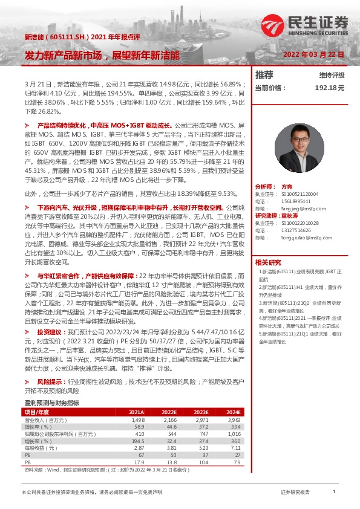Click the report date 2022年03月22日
[x=313, y=54]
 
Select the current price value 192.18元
[x=329, y=88]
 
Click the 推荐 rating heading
[x=264, y=75]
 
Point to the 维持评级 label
[x=332, y=76]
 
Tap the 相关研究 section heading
[x=268, y=262]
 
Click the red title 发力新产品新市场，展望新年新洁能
[x=102, y=55]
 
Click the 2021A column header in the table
[x=137, y=412]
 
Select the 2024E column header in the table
[x=233, y=412]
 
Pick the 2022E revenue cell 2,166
[x=169, y=419]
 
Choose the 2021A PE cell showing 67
[x=140, y=455]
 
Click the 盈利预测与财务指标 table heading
[x=51, y=403]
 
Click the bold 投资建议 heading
[x=48, y=332]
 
